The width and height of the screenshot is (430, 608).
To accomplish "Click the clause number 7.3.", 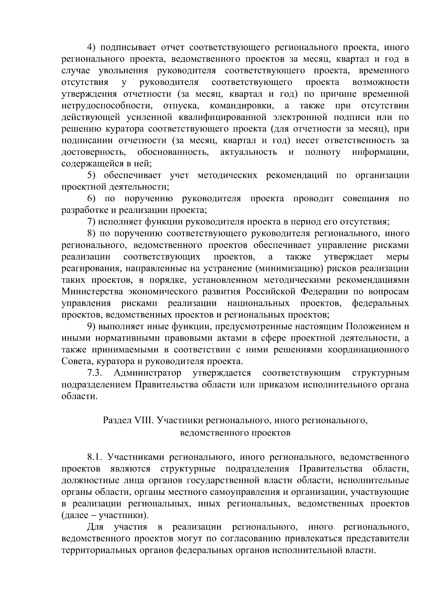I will coord(95,373).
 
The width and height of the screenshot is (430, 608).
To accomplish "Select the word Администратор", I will coord(147,373).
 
